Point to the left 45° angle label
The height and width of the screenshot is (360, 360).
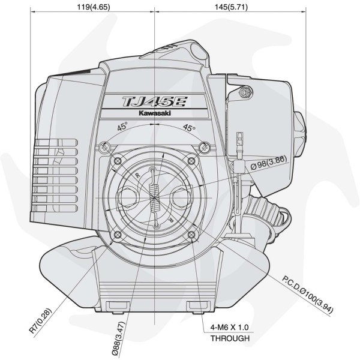(122, 128)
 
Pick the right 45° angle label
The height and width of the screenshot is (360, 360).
(190, 128)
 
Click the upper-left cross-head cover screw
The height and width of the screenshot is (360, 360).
(106, 146)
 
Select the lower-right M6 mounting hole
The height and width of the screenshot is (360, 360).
(192, 235)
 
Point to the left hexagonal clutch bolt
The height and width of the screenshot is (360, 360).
(128, 196)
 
